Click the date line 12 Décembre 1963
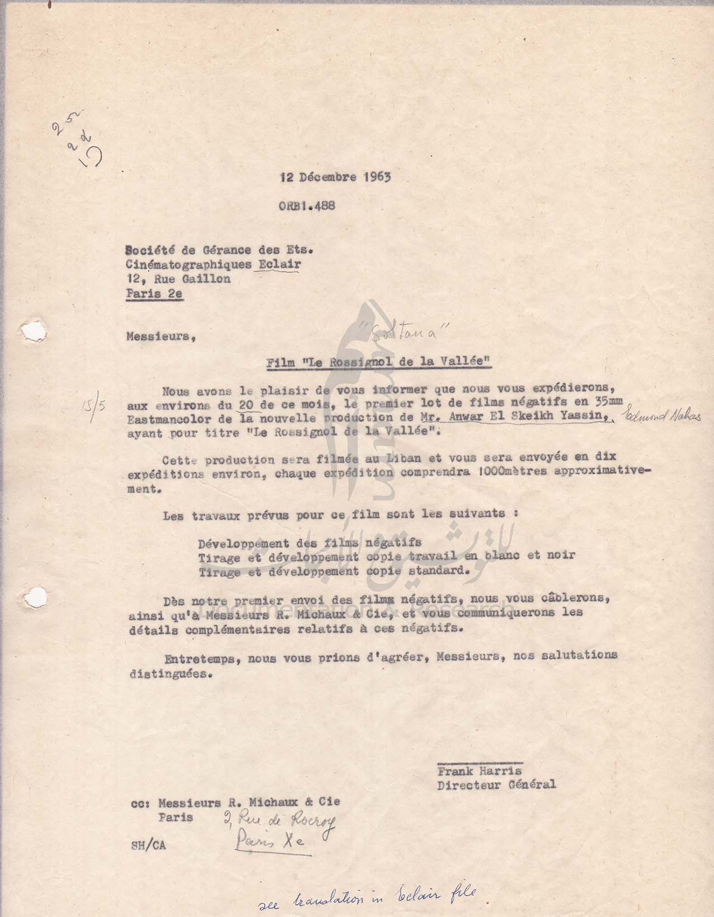(x=335, y=177)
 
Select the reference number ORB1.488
(x=307, y=205)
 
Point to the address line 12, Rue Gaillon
(x=178, y=279)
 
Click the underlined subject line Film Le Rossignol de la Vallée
(x=379, y=362)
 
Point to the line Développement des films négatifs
(x=309, y=542)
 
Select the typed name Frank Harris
(x=480, y=771)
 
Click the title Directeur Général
(x=496, y=784)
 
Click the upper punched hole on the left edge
(x=26, y=329)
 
